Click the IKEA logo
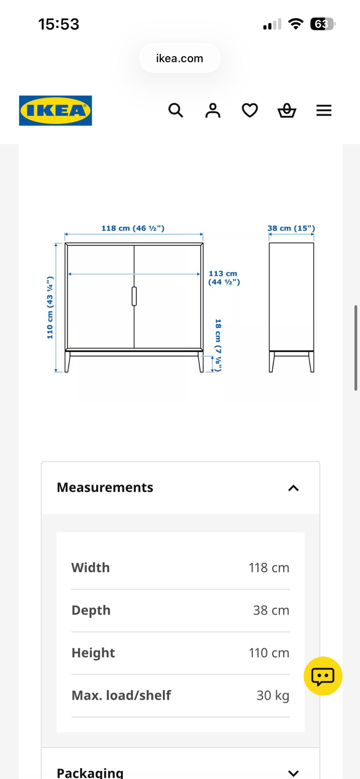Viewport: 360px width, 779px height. (55, 111)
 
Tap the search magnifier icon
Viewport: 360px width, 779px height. (175, 111)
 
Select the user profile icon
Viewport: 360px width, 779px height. (213, 111)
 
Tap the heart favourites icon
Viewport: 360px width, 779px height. (250, 111)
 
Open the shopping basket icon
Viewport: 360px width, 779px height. (287, 111)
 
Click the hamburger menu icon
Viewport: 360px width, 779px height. (324, 111)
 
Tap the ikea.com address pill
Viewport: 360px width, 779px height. (180, 58)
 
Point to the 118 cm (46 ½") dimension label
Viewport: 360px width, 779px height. (133, 228)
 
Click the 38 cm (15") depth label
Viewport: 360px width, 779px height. (291, 228)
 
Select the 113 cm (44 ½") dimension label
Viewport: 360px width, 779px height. (224, 278)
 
